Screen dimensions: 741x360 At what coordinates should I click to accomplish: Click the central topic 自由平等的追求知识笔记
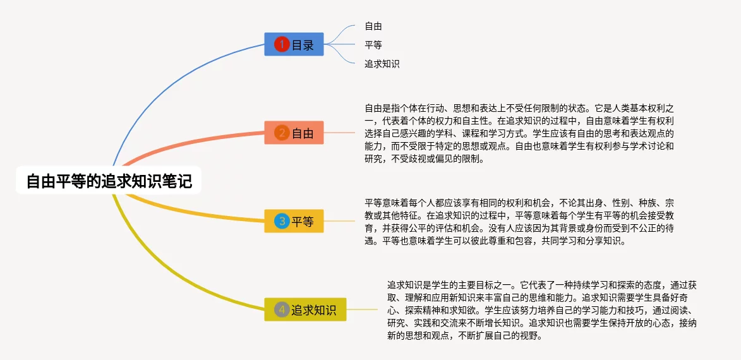(109, 180)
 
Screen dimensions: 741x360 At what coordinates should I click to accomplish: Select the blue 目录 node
(294, 44)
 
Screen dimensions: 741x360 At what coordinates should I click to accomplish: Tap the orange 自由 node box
(294, 133)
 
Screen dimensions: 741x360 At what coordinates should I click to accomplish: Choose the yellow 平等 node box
(294, 221)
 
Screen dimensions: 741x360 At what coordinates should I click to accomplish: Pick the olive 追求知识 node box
(305, 309)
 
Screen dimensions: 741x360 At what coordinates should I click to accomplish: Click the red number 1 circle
(282, 44)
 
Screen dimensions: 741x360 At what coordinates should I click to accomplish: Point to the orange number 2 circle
(282, 133)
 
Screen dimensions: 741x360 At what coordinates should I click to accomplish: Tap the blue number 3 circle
(282, 221)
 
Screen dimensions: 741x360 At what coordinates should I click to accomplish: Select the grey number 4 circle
(282, 309)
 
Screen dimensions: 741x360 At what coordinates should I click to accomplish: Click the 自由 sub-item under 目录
(373, 27)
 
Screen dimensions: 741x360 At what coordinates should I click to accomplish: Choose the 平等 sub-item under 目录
(373, 45)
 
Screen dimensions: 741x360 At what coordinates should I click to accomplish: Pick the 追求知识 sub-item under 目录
(382, 64)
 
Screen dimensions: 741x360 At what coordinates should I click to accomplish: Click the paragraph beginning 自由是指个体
(519, 133)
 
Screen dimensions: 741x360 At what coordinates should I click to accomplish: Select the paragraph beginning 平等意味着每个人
(519, 221)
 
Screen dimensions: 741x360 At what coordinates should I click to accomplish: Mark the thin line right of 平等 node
(339, 221)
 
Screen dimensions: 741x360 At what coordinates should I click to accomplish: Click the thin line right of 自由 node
(339, 133)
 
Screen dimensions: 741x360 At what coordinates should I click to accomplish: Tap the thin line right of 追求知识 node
(362, 309)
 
